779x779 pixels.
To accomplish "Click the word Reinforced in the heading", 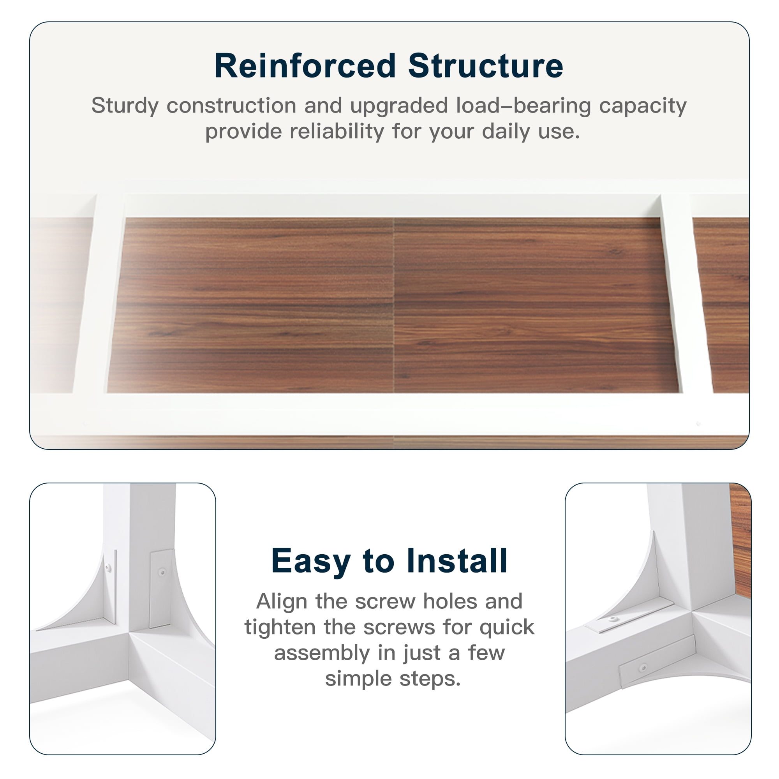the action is click(x=305, y=66).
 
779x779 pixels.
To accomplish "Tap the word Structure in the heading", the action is click(x=485, y=66).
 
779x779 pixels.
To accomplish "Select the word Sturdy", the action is click(x=125, y=106).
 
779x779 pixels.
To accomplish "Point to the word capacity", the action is click(x=643, y=106).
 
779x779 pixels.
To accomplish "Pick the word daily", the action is click(x=506, y=132).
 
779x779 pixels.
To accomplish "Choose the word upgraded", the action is click(x=399, y=106).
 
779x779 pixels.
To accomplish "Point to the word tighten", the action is click(x=280, y=628).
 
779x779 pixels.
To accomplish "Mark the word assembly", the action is click(x=322, y=654).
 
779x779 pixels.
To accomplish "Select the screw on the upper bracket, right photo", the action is click(x=613, y=619).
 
